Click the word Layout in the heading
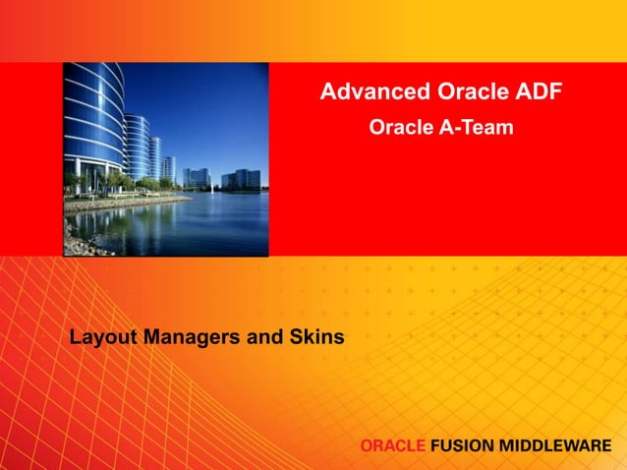pos(103,337)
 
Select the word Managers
pos(192,337)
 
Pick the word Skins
pos(315,337)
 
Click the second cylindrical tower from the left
pos(137,147)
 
